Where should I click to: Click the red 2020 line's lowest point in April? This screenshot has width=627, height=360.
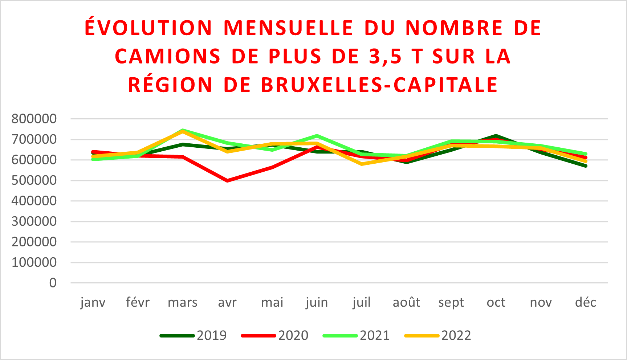(227, 180)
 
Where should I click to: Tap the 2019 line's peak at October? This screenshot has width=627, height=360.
(496, 136)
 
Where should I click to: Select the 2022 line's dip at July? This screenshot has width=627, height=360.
(362, 164)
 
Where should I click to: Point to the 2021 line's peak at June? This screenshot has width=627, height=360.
(317, 136)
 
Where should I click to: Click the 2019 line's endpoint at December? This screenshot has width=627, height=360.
(585, 166)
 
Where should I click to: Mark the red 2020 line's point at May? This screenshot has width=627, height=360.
(272, 167)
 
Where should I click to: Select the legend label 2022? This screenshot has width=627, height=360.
(456, 335)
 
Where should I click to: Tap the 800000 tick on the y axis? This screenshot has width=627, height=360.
(34, 119)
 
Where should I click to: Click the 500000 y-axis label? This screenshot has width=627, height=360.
(34, 180)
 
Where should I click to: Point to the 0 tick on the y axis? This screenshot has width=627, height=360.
(53, 283)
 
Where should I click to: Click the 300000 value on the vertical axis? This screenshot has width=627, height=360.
(34, 221)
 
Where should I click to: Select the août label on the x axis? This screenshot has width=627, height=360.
(406, 302)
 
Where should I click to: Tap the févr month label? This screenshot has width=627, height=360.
(138, 302)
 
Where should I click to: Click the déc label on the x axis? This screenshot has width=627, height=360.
(586, 302)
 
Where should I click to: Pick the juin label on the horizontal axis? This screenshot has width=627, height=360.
(317, 302)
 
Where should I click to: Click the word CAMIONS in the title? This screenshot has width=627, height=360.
(168, 57)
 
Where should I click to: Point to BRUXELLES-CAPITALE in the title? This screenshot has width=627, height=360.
(379, 85)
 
